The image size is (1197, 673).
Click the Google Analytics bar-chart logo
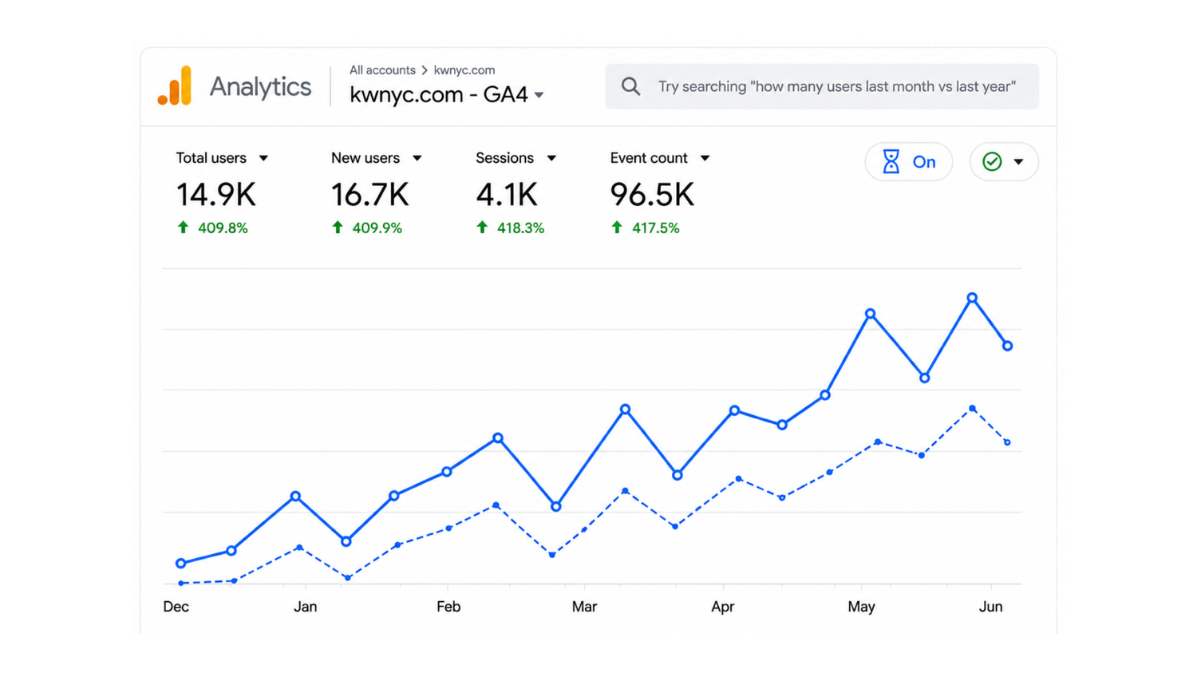coord(175,85)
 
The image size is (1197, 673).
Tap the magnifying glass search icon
coord(630,86)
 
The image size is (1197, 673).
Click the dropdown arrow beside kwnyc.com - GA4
coord(539,95)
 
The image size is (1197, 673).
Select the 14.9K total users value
coord(216,194)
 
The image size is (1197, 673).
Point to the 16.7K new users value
coord(369,194)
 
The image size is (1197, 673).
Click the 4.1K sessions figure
coord(507,194)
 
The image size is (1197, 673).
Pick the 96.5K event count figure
coord(652,194)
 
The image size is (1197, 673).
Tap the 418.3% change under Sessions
coord(520,228)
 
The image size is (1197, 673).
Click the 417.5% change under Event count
coord(656,228)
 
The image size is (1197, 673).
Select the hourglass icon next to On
coord(891,161)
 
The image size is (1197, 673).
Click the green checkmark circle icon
coord(992,161)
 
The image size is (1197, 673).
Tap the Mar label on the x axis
coord(584,607)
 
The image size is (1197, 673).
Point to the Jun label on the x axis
coord(990,607)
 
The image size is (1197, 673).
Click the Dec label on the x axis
coord(176,607)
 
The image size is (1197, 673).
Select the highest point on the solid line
coord(972,298)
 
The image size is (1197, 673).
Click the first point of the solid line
coord(180,563)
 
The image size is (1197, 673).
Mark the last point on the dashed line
coord(1007,442)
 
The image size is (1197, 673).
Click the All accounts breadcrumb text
coord(382,70)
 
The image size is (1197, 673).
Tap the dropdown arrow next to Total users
coord(263,158)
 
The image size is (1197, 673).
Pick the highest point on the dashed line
coord(973,409)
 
